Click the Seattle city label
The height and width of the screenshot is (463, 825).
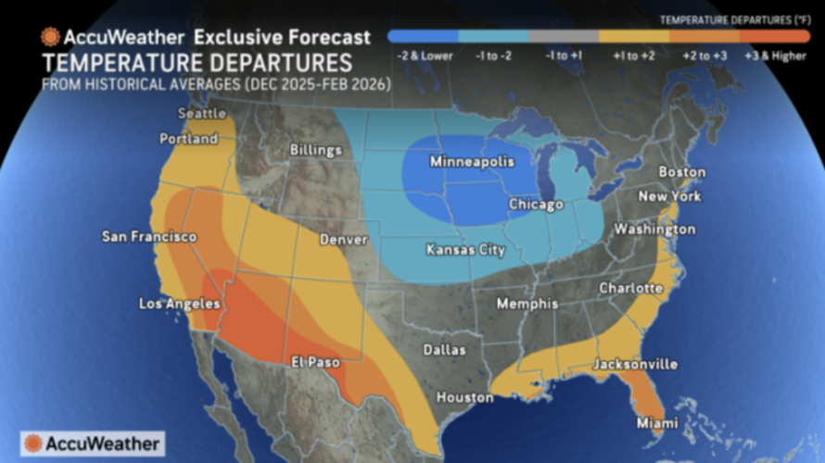[x=201, y=113]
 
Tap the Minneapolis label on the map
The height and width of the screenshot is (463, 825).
[x=471, y=162]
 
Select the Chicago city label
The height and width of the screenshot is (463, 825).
[x=536, y=204]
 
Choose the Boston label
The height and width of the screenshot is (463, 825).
[x=681, y=172]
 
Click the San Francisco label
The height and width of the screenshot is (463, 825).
[x=148, y=237]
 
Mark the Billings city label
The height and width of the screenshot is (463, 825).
[x=315, y=149]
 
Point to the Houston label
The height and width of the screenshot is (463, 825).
[x=464, y=397]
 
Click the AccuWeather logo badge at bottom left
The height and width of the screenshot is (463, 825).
[x=93, y=443]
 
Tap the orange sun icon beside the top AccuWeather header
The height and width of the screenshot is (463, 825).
[x=50, y=37]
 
